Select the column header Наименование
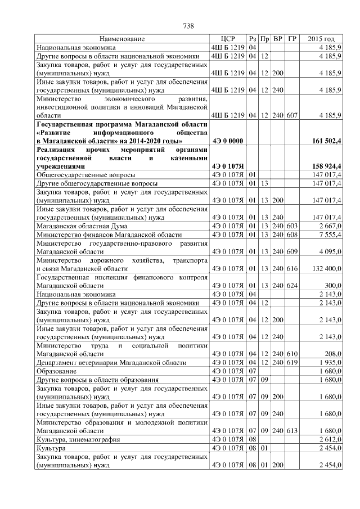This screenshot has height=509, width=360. click(122, 39)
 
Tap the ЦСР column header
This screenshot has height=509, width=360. click(227, 39)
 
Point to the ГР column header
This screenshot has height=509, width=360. click(292, 39)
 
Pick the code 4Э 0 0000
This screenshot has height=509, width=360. click(227, 141)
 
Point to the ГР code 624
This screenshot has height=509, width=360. click(292, 286)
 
